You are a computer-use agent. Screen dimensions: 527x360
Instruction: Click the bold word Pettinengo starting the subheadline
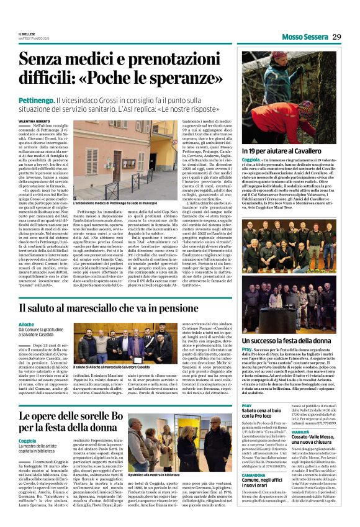click(55, 99)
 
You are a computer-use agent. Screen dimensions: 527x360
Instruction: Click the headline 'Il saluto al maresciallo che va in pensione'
click(135, 308)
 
